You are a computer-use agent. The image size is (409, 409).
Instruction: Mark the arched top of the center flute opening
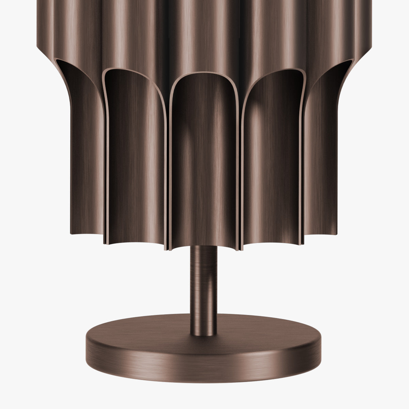pos(203,74)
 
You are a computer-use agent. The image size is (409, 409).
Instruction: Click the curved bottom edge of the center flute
pos(203,246)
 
